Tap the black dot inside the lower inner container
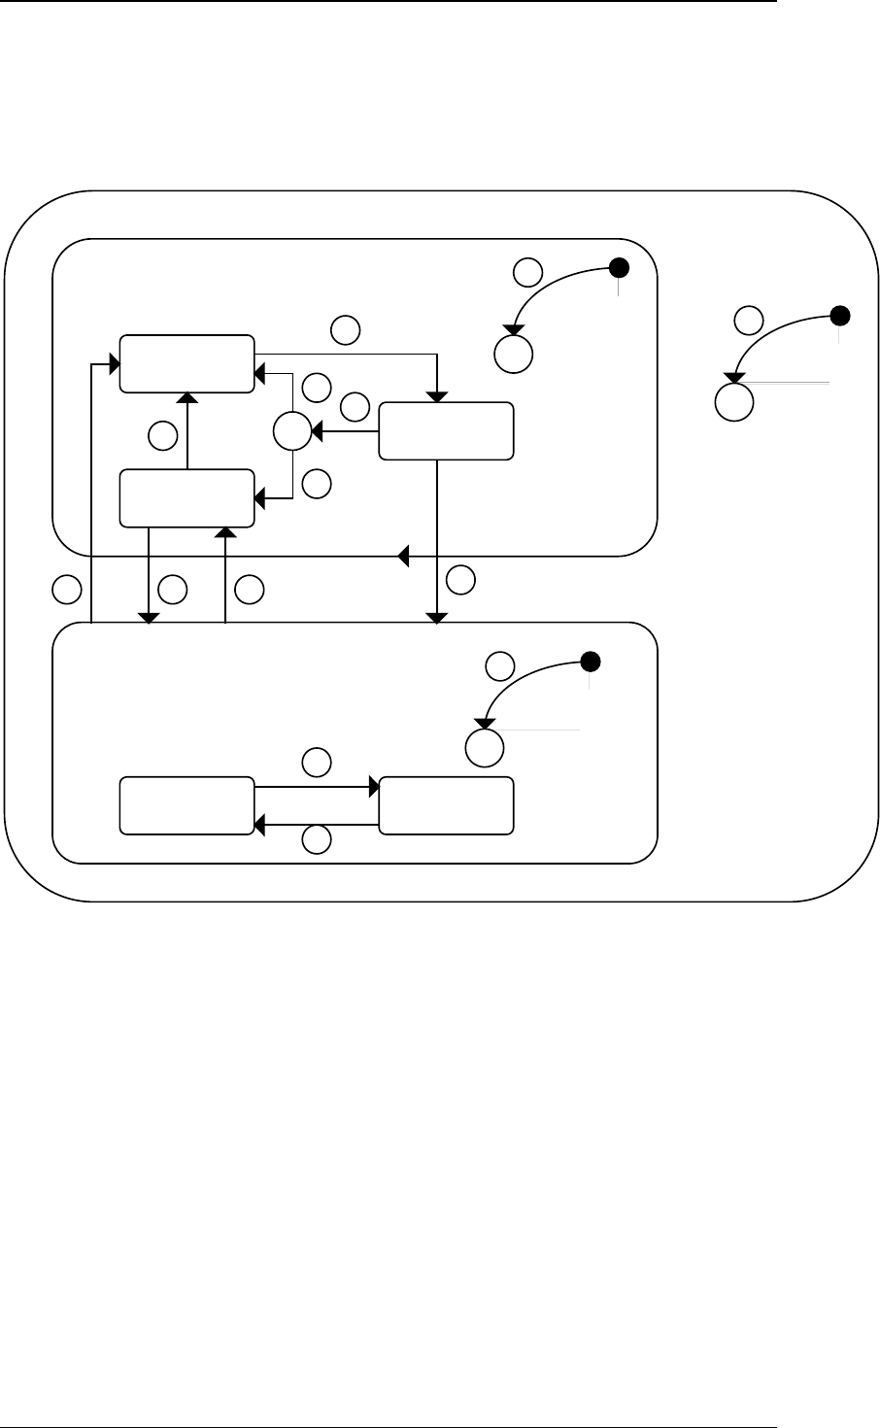coord(589,663)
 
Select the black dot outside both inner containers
coord(841,315)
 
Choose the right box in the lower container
coord(446,805)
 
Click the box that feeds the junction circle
coord(446,430)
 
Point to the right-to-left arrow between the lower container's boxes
coord(316,825)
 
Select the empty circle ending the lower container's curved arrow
coord(484,746)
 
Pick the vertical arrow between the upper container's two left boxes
coord(186,431)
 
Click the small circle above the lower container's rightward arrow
coord(315,762)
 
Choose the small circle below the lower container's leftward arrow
coord(315,840)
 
